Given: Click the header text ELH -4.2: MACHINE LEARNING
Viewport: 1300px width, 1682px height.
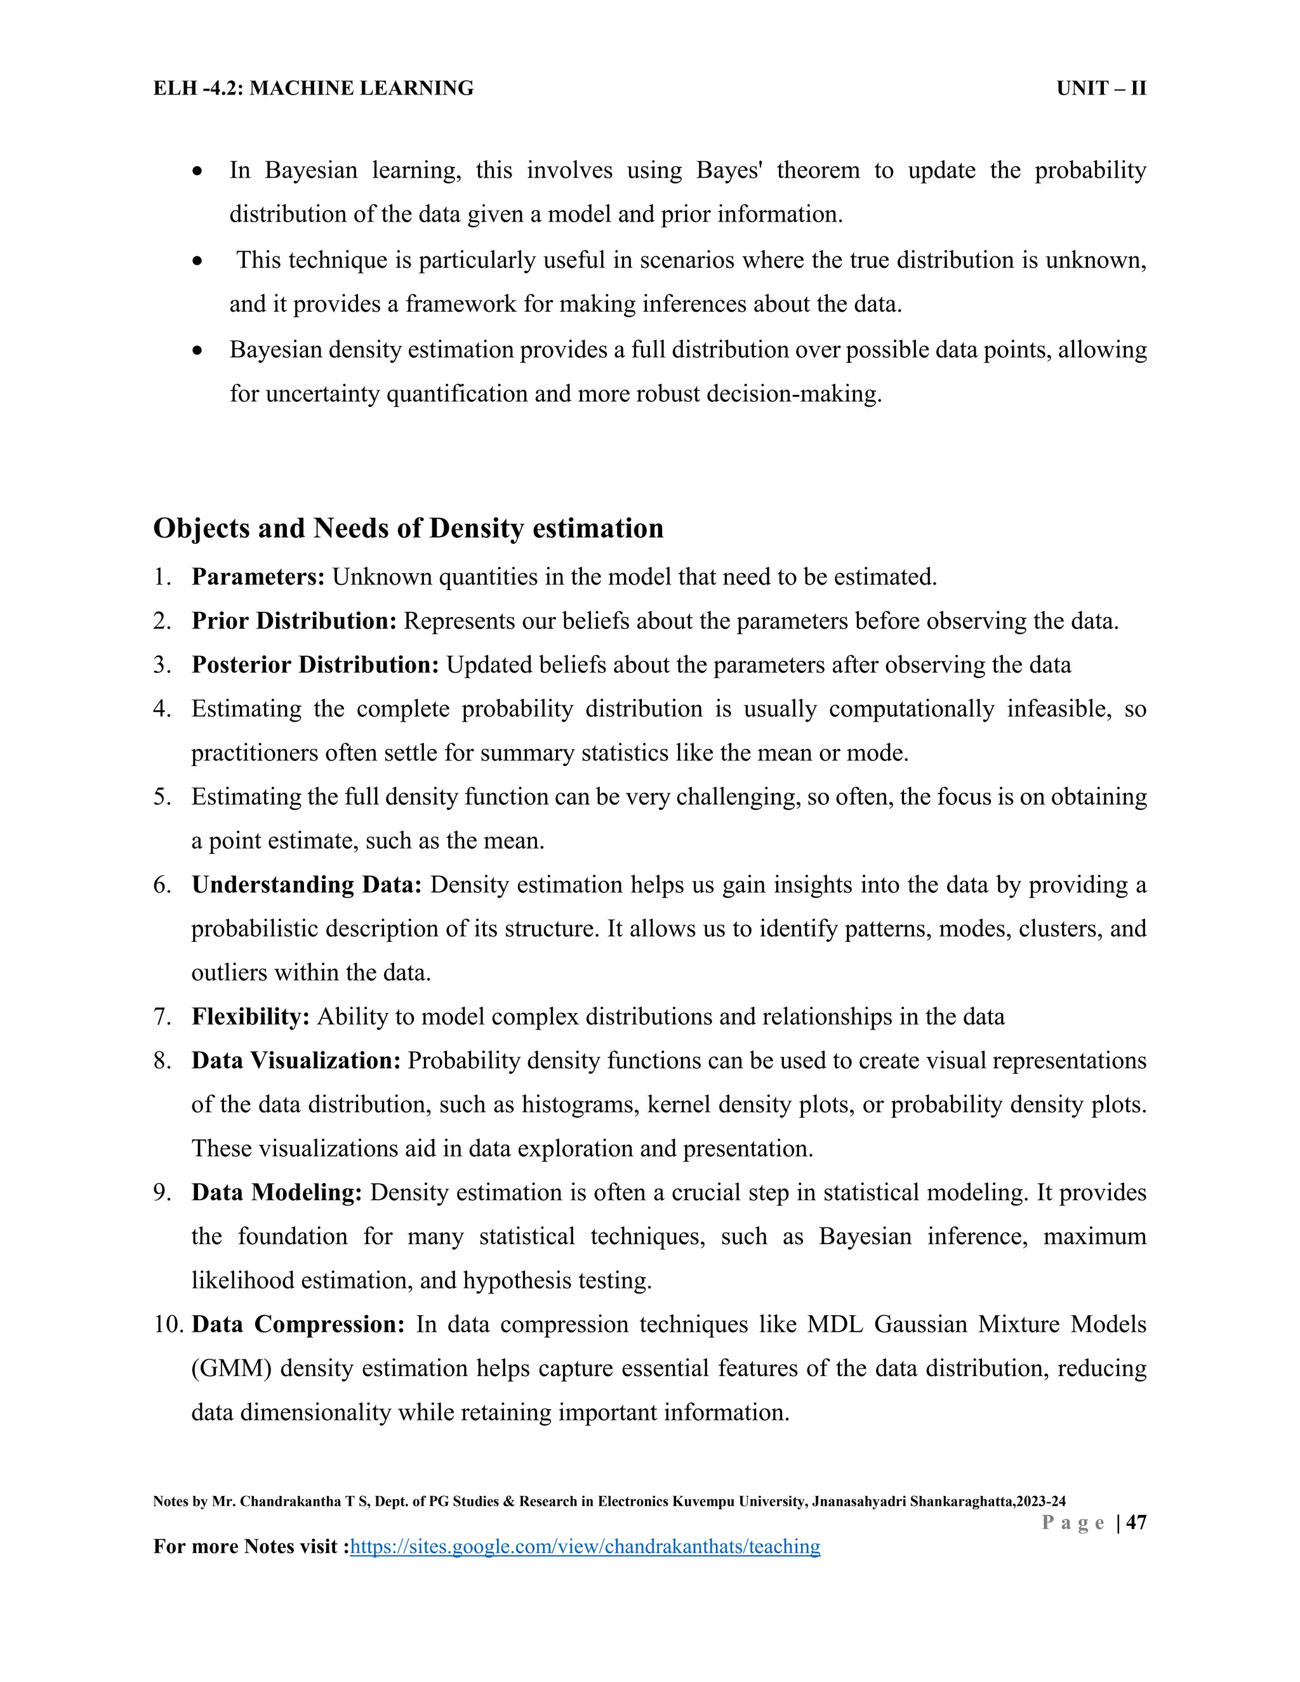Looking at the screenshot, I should [x=314, y=89].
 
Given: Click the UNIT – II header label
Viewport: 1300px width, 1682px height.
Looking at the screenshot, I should [x=1101, y=89].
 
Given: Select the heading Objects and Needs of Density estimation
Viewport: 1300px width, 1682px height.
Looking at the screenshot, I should [x=408, y=528].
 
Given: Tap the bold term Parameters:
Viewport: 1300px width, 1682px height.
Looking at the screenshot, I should [x=258, y=577].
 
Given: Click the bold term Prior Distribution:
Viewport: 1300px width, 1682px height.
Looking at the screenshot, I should [x=294, y=621].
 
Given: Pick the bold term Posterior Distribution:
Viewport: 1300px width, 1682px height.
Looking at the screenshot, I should [x=315, y=665].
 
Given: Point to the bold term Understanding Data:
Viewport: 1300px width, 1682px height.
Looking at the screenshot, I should [x=307, y=885].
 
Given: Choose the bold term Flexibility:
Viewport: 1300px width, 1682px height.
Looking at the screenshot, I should [x=250, y=1017].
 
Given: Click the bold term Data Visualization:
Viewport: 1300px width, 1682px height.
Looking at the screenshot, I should [x=296, y=1061].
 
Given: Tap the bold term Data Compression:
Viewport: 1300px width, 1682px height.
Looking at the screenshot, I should [x=297, y=1324].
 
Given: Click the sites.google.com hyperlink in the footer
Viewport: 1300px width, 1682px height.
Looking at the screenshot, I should [x=585, y=1546].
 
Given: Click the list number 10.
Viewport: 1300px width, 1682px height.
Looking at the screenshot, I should [x=167, y=1325].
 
